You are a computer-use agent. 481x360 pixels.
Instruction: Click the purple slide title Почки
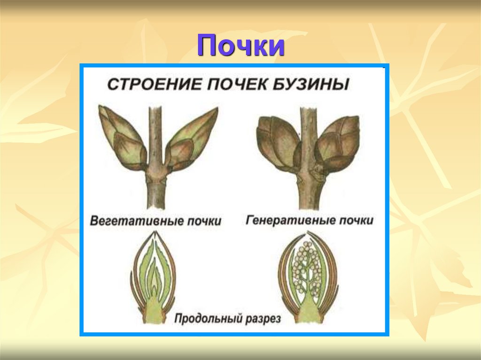tap(240, 46)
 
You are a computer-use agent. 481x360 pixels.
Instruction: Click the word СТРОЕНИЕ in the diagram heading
tap(149, 85)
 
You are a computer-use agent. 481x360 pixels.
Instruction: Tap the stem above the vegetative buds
tap(155, 127)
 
